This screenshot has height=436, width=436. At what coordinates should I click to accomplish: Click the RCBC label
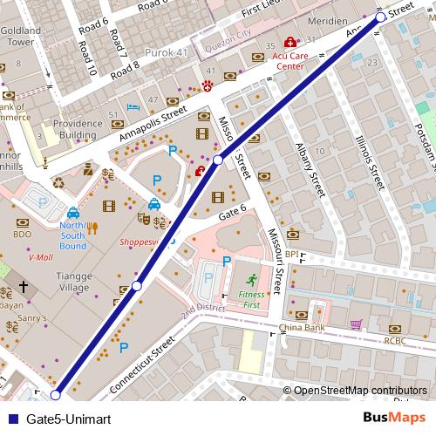(x=396, y=341)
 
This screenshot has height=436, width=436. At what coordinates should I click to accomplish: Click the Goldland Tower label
(x=21, y=36)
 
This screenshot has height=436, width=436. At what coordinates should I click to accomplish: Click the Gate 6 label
(x=233, y=215)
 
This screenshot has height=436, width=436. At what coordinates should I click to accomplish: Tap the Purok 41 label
(x=170, y=52)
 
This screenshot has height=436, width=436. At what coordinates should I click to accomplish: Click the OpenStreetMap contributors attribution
(x=359, y=391)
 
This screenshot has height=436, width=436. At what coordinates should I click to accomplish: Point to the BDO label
(x=21, y=235)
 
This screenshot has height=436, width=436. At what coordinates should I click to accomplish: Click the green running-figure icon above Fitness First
(x=251, y=280)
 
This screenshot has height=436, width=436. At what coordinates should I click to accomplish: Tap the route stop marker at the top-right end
(x=380, y=17)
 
